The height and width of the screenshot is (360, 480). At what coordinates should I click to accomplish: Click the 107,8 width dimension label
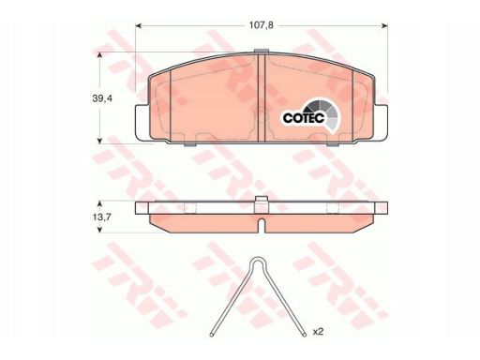coord(261,25)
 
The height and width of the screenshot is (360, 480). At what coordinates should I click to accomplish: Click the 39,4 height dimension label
coord(102,98)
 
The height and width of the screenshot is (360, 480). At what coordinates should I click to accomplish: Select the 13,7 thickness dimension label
coord(101,217)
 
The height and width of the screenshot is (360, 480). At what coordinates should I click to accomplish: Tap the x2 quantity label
coord(318,332)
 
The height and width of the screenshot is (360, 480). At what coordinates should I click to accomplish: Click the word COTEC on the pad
coord(303,118)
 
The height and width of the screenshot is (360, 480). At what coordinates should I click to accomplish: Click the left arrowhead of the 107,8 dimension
coord(138,25)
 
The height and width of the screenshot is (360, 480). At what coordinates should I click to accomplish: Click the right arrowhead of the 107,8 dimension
coord(385,25)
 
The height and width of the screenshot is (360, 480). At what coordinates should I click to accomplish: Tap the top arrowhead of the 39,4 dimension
coord(99,54)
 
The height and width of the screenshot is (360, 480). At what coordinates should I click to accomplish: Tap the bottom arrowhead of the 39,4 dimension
coord(99,142)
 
